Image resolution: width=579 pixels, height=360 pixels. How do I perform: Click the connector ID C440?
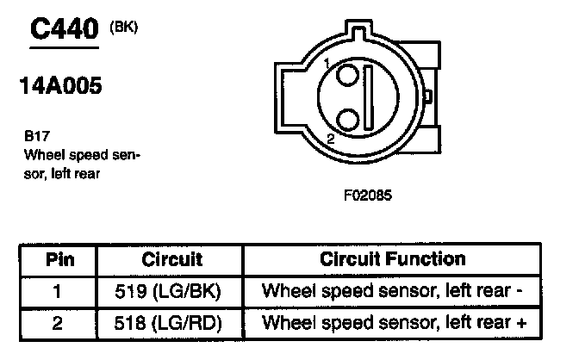click(65, 28)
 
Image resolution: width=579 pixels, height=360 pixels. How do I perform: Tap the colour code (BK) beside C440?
click(124, 28)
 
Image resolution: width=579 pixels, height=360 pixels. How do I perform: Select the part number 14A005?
click(60, 85)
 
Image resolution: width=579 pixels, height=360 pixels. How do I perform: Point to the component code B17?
click(37, 136)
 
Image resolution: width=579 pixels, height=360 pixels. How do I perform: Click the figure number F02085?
click(368, 195)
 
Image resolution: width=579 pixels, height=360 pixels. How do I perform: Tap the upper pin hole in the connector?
click(347, 75)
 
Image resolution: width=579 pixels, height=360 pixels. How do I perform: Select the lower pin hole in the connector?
click(348, 120)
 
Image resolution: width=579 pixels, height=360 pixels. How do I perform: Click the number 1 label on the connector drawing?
click(327, 64)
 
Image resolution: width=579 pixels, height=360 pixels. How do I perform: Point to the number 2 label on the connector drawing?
click(331, 139)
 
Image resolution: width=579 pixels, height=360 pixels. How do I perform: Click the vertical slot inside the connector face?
click(368, 97)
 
